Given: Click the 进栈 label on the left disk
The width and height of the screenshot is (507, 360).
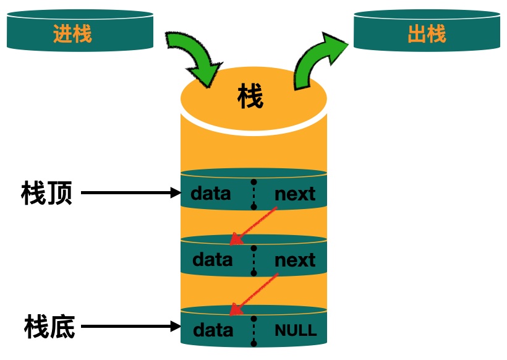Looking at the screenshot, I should click(72, 33).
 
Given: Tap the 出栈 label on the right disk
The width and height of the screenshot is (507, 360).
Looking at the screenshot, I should click(427, 33).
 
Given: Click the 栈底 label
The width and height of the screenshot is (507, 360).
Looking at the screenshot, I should click(49, 326).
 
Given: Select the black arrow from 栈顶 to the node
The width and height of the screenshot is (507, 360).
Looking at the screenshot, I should click(130, 193).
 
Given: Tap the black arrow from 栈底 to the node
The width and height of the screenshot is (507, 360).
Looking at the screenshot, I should click(130, 326).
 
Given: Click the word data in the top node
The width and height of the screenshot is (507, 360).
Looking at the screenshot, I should click(211, 194).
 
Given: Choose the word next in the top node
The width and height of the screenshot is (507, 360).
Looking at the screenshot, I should click(295, 194).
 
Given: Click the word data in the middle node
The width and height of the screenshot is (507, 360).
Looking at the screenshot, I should click(213, 259).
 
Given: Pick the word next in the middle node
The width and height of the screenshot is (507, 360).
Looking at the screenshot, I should click(295, 260).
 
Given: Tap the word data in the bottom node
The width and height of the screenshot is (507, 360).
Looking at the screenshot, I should click(213, 330).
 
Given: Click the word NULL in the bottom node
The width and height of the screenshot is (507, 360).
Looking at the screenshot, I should click(296, 330).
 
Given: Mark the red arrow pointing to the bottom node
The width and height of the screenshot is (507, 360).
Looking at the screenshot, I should click(253, 291).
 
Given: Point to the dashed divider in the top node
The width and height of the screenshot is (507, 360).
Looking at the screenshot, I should click(253, 194).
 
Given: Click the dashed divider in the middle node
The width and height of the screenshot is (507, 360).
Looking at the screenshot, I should click(253, 260).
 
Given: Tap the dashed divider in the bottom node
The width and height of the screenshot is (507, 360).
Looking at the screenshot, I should click(253, 330).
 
